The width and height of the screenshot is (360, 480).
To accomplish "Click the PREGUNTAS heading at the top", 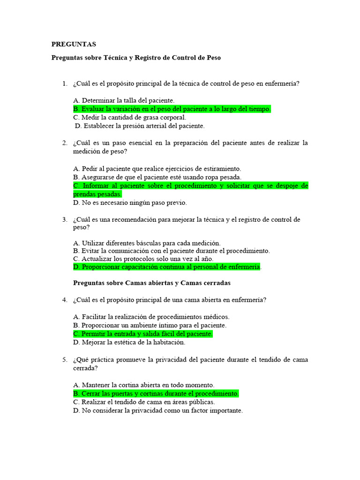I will click(74, 45).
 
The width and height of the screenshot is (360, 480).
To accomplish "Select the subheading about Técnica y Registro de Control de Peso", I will click(136, 58).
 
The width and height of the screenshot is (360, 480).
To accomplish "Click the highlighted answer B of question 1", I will click(172, 109).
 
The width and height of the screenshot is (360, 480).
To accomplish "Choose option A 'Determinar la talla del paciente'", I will click(124, 100).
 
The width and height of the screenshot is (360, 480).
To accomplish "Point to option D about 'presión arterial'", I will click(140, 126).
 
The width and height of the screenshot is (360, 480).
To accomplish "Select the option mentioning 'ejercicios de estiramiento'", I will click(157, 169).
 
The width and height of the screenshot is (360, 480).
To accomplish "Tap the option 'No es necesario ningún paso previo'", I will click(130, 202).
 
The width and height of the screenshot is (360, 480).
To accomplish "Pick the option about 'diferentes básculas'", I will click(147, 243).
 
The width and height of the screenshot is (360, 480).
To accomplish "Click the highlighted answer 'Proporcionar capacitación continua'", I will click(167, 267).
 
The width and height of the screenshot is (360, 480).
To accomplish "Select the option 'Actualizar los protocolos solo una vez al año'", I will click(143, 258).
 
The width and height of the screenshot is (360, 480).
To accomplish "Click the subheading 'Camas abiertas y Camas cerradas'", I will click(152, 283).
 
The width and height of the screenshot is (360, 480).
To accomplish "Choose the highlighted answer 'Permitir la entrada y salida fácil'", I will click(143, 334).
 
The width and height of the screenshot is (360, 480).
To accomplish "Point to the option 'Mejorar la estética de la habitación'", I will click(129, 342).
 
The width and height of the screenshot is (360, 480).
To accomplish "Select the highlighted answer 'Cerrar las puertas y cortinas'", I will click(156, 393).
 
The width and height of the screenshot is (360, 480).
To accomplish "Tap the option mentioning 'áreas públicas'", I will click(144, 402).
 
